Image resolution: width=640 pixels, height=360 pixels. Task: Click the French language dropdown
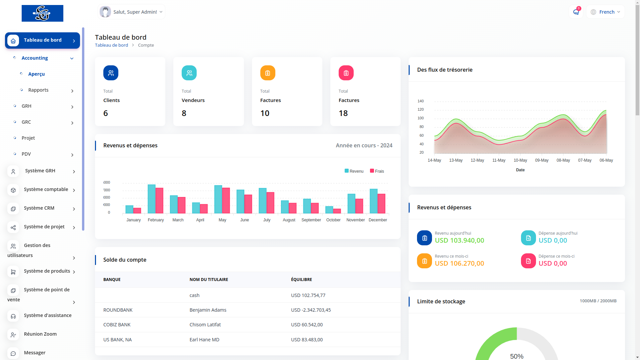pos(605,12)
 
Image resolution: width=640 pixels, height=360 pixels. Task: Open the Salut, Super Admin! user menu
pos(132,12)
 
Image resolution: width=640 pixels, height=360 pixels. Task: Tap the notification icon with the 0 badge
pos(576,12)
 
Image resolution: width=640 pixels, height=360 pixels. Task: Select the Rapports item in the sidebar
pos(38,90)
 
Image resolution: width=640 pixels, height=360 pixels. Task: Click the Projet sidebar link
pos(28,138)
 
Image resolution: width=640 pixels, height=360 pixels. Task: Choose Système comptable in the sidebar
pos(46,189)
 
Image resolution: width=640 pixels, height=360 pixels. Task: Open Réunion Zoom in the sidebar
pos(40,334)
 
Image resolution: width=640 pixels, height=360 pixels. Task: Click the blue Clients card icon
pos(111,73)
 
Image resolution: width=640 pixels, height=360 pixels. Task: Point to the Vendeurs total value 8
pos(184,113)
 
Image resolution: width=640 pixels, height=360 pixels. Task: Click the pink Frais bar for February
pos(159,200)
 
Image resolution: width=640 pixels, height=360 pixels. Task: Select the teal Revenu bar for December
pos(374,201)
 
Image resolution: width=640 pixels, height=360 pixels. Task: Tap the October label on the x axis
pos(333,220)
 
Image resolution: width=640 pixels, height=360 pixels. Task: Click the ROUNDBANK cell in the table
pos(118,310)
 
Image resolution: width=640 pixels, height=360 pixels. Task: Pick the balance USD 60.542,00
pos(307,325)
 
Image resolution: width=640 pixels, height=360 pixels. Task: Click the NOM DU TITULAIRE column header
pos(209,280)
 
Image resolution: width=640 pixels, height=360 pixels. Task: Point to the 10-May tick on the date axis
pos(520,160)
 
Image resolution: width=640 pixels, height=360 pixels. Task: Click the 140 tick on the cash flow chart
pos(421,101)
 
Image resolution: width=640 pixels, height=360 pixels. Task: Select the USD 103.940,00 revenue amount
pos(459,240)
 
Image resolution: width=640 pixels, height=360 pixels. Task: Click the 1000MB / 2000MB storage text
pos(598,301)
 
